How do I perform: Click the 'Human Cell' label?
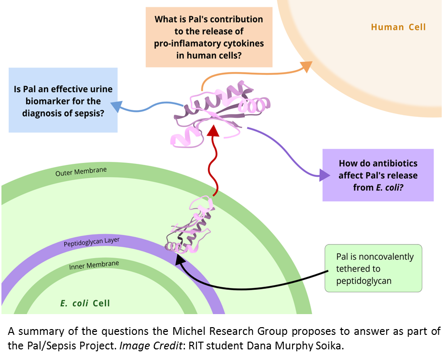(398, 27)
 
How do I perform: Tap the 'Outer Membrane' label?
(81, 172)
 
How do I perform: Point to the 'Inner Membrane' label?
(94, 265)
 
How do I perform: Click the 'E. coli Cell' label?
(85, 303)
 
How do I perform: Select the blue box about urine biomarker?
(63, 101)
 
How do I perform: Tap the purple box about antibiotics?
(378, 174)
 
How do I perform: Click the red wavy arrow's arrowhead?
(213, 129)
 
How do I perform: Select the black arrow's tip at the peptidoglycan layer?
(177, 256)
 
